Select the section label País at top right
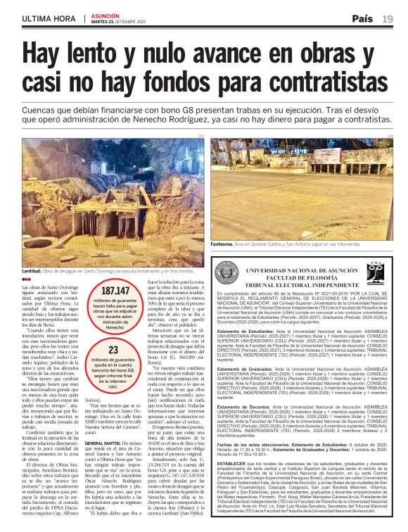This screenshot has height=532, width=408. [x=363, y=18]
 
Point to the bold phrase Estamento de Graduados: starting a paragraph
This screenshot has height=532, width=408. [x=243, y=368]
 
